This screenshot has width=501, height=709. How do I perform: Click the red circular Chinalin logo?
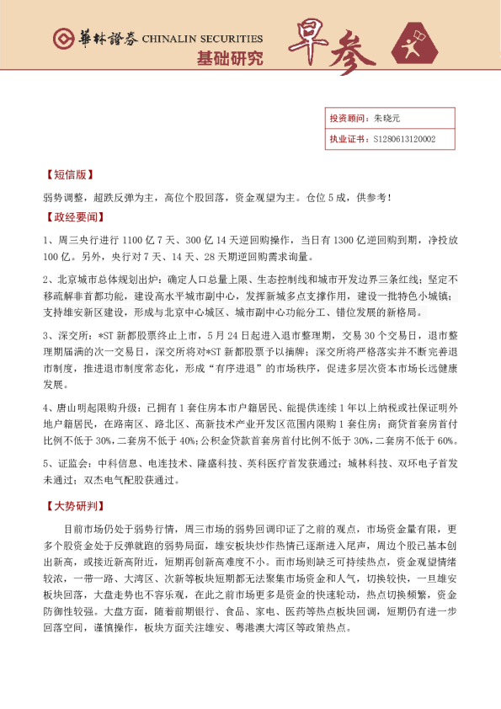coord(62,39)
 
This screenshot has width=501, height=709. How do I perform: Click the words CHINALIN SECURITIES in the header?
coord(202,39)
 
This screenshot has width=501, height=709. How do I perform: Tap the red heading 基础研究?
coord(229,59)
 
